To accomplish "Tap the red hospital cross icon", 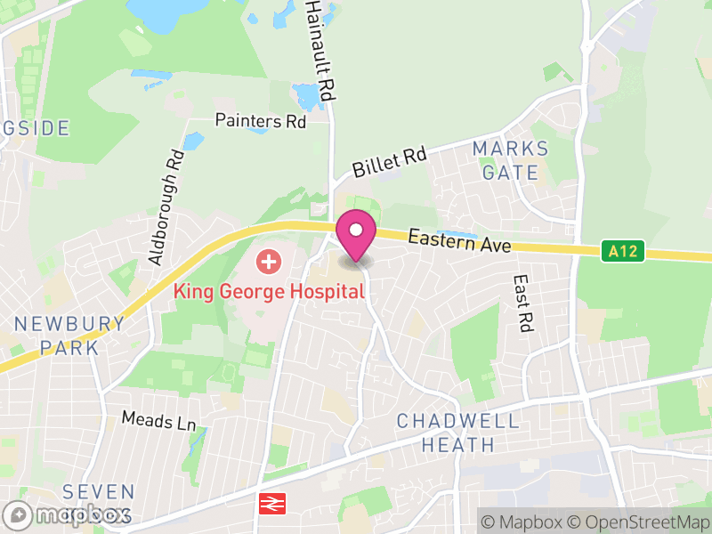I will coord(268,262).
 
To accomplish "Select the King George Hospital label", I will coord(269,291).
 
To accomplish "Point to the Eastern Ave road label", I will coord(460,240).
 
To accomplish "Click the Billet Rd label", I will coord(389,162).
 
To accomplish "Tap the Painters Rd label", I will coord(261,121).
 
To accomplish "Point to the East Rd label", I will coord(522,303).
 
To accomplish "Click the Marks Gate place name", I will coord(511,160).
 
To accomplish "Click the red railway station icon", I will coord(270,504).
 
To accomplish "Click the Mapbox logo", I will coord(69,514).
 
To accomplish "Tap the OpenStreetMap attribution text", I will coord(639,522).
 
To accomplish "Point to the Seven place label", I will coord(99,492).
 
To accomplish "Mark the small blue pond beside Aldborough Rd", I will coord(193,141).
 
